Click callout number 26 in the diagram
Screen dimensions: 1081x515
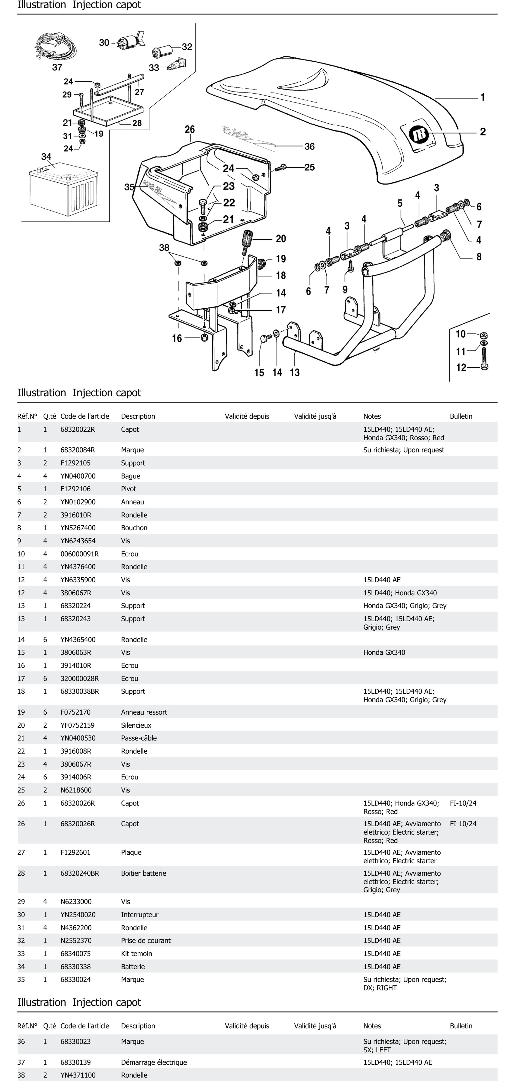(x=190, y=129)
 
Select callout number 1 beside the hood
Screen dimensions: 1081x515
(x=483, y=97)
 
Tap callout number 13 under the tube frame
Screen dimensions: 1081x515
(x=295, y=372)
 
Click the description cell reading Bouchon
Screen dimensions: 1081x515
(x=134, y=528)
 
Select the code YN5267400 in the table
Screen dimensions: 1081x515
(x=78, y=528)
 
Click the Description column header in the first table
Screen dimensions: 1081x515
(x=138, y=416)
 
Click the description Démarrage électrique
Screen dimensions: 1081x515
(x=154, y=1062)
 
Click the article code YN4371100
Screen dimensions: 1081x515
(x=78, y=1075)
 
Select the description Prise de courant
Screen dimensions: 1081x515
(x=146, y=940)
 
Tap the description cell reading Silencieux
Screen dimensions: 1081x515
(x=136, y=725)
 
